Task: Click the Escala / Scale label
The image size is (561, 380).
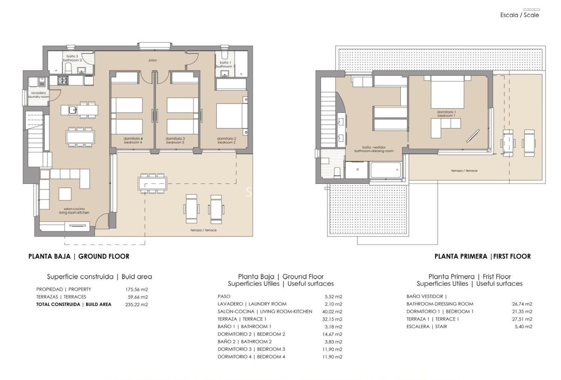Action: pos(519,15)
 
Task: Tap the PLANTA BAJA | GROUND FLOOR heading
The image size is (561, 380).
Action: pos(79,256)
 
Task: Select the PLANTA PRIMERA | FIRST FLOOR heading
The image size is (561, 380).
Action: pos(482,256)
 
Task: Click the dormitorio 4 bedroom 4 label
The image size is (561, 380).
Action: pos(133,140)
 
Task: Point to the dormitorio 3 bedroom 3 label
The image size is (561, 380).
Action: pos(175,140)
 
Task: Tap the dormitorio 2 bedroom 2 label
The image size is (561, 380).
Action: pos(226,140)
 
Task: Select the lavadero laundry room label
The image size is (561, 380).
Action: pos(39,95)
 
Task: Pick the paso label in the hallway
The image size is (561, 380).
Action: pos(153,60)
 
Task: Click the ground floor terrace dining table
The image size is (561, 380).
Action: pos(152,183)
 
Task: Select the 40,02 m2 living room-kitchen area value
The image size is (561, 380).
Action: pos(333,311)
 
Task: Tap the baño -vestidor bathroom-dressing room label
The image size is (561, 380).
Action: pos(374,149)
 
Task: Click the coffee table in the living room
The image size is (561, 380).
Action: pos(65,194)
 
